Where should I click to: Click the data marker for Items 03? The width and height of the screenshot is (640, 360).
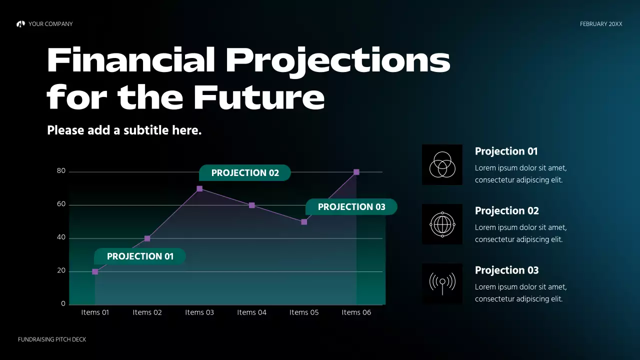pyautogui.click(x=199, y=188)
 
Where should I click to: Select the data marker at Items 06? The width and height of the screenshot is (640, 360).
pyautogui.click(x=356, y=172)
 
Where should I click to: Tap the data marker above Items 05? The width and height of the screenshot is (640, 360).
pyautogui.click(x=304, y=222)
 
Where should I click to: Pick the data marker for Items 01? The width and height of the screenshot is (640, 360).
pyautogui.click(x=95, y=271)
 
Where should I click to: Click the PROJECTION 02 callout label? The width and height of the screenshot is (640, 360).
pyautogui.click(x=245, y=173)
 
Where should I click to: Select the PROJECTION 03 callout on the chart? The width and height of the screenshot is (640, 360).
pyautogui.click(x=351, y=207)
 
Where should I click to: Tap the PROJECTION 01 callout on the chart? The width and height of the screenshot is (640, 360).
pyautogui.click(x=140, y=256)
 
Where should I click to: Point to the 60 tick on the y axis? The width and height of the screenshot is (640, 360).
pyautogui.click(x=61, y=204)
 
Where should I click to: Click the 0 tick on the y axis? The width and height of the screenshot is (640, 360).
pyautogui.click(x=63, y=303)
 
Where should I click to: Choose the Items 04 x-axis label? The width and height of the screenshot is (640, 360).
pyautogui.click(x=251, y=312)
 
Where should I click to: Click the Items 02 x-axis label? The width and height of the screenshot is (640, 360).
pyautogui.click(x=147, y=312)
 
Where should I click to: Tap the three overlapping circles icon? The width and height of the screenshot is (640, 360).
pyautogui.click(x=442, y=164)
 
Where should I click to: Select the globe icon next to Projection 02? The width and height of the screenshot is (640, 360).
pyautogui.click(x=442, y=224)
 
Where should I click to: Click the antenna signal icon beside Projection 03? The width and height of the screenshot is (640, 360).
pyautogui.click(x=442, y=283)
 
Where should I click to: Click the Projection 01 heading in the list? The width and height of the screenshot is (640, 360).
pyautogui.click(x=506, y=151)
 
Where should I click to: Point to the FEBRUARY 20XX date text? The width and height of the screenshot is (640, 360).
pyautogui.click(x=601, y=24)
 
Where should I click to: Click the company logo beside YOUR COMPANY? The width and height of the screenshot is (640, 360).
pyautogui.click(x=20, y=24)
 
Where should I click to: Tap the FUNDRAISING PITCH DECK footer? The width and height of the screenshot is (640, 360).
pyautogui.click(x=52, y=339)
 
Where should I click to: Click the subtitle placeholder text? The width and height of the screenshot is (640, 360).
pyautogui.click(x=124, y=130)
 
